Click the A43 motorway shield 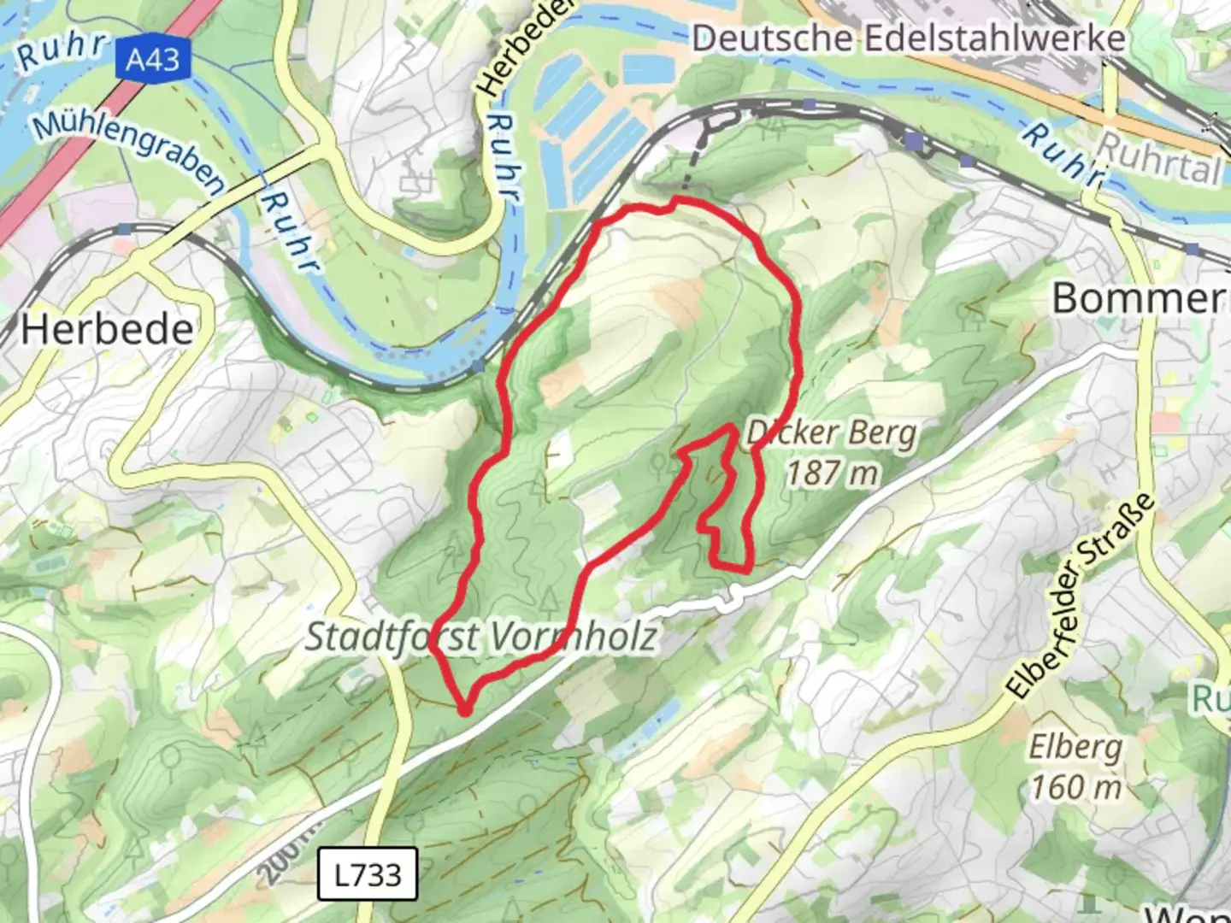[153, 60]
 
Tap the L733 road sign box [368, 874]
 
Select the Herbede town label [107, 329]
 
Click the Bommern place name [1140, 298]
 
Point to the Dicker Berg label [832, 433]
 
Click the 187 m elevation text [832, 472]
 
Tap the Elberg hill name [1075, 747]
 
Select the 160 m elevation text [1075, 786]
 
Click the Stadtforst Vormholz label [482, 638]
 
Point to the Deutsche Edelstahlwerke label [909, 38]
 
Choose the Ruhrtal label [1159, 159]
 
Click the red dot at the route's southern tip [465, 709]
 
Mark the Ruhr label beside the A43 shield [62, 51]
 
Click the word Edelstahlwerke [995, 38]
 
